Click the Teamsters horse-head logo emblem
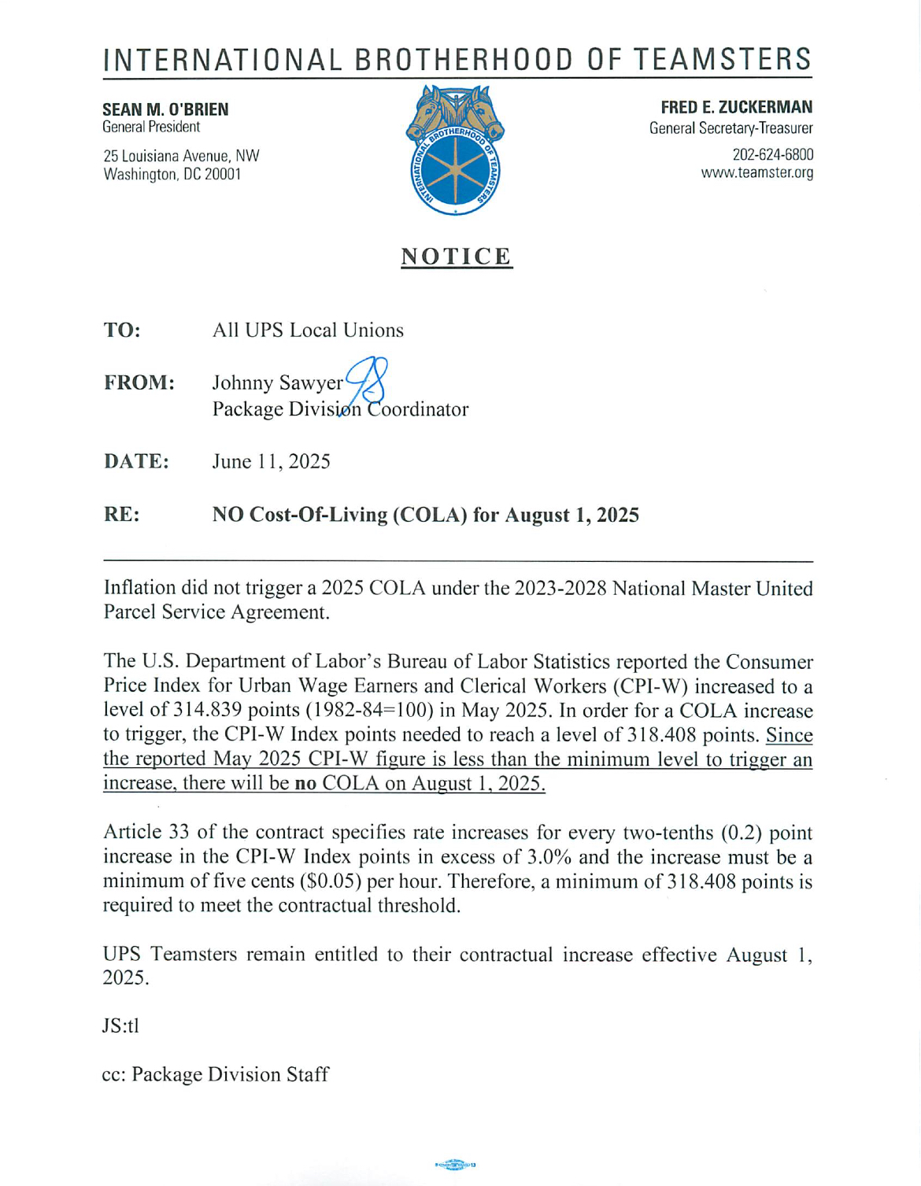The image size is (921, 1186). [x=455, y=150]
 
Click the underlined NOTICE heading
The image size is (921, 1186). [x=457, y=257]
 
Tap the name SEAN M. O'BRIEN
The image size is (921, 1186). [x=165, y=109]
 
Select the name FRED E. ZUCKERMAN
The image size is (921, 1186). [x=736, y=107]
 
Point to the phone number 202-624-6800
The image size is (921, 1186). [x=772, y=154]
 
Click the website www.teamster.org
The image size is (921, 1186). [x=756, y=172]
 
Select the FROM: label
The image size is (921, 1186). [x=139, y=382]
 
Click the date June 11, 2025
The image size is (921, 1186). [x=271, y=461]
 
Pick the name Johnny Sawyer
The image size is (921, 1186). [x=277, y=382]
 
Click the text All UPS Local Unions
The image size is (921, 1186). [x=308, y=330]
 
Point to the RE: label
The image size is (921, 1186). [x=121, y=515]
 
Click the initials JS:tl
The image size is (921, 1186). [x=120, y=1025]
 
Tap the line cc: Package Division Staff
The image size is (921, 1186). [x=215, y=1074]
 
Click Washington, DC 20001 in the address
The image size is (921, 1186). [x=172, y=174]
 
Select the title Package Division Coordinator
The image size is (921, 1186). [x=340, y=409]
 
